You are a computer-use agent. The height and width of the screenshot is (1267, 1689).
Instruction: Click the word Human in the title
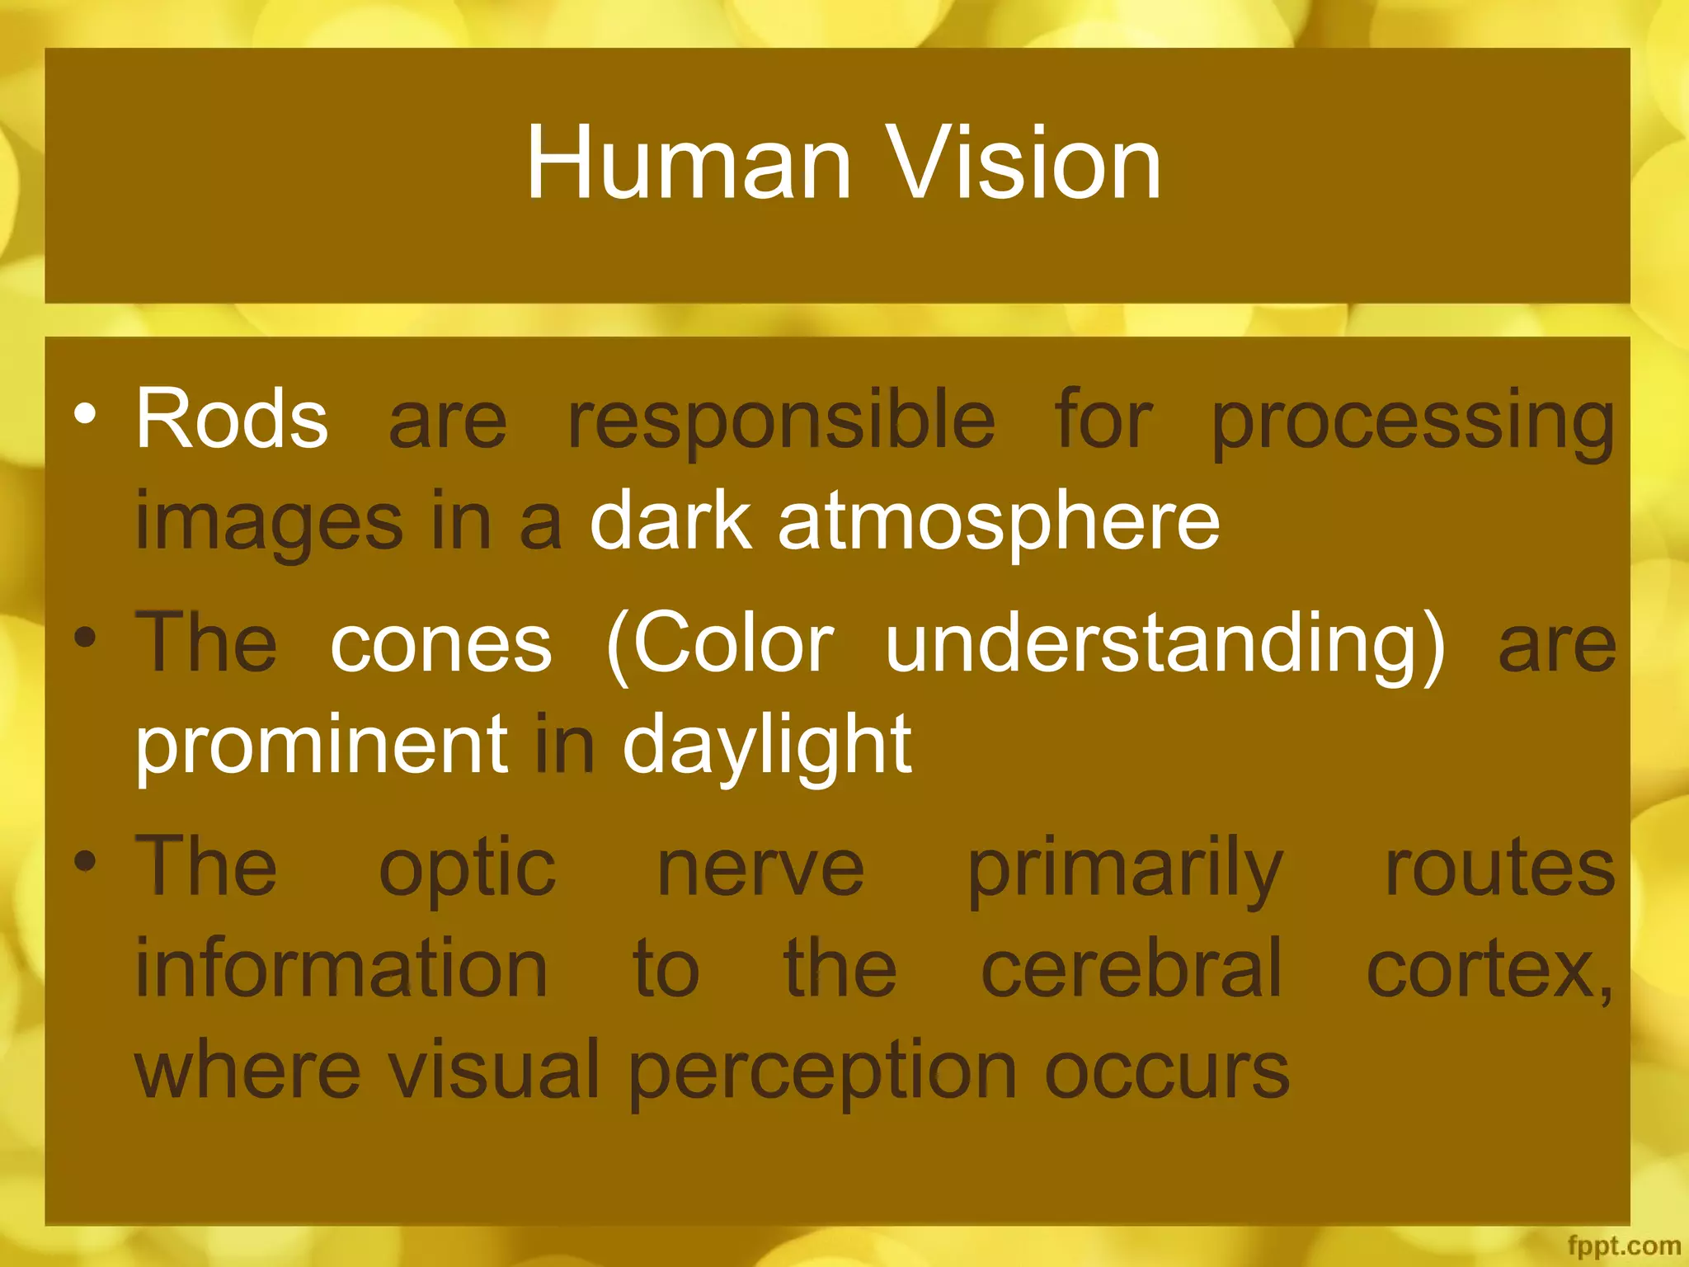click(x=689, y=162)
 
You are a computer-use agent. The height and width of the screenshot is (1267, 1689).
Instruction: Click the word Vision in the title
click(x=1023, y=162)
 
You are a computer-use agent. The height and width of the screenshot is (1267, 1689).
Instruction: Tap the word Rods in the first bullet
click(x=232, y=419)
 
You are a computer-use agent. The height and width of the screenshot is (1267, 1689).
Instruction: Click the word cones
click(x=440, y=644)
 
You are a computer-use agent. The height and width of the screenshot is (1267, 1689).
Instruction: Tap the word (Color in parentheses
click(x=719, y=644)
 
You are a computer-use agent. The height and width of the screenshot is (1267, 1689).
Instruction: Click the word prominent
click(x=322, y=746)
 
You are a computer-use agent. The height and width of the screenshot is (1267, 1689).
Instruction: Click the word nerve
click(x=760, y=869)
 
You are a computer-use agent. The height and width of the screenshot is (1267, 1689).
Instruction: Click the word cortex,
click(x=1489, y=969)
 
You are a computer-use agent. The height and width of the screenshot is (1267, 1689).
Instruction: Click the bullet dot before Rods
click(x=84, y=412)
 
